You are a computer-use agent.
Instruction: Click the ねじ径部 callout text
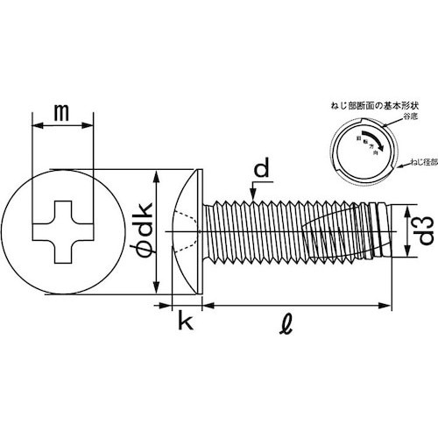(418, 164)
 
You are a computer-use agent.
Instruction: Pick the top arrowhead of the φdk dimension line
(155, 176)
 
